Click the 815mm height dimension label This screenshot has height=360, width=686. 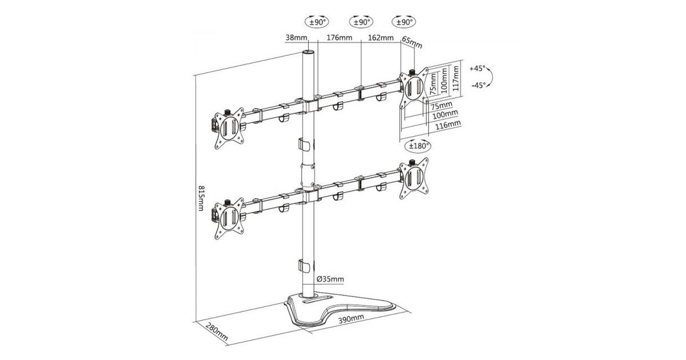click(x=201, y=198)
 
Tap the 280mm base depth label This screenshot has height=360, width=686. click(x=217, y=332)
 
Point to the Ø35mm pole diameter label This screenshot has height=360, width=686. click(x=330, y=279)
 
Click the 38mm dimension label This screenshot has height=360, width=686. click(x=296, y=38)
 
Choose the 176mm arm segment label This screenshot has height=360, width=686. click(x=340, y=38)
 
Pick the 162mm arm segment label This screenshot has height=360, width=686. click(x=381, y=38)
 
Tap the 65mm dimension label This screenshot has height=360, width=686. click(x=412, y=42)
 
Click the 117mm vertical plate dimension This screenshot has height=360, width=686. click(x=456, y=78)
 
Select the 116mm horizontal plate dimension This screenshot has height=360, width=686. click(x=448, y=125)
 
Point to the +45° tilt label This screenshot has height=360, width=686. click(x=477, y=69)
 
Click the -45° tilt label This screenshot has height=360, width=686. click(x=478, y=85)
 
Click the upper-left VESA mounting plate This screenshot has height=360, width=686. click(x=229, y=129)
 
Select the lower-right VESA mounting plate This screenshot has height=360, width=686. click(x=414, y=178)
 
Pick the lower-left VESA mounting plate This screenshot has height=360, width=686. click(x=229, y=218)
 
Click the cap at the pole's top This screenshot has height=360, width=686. click(x=308, y=52)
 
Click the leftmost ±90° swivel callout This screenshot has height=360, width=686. click(x=317, y=22)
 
